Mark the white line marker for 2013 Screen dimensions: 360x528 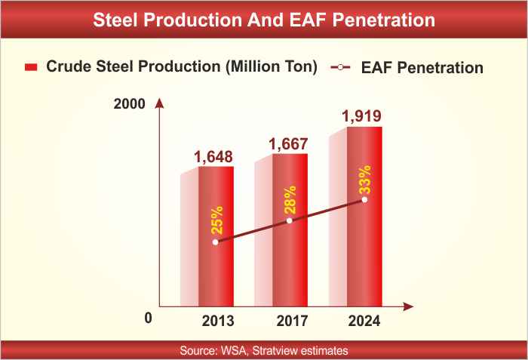point(216,242)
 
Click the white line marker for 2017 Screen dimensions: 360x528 point(290,220)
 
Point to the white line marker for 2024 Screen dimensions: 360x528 point(365,200)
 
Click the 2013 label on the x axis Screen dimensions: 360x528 point(218,321)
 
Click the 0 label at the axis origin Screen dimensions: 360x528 point(149,318)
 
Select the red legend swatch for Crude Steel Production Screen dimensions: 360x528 point(31,67)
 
